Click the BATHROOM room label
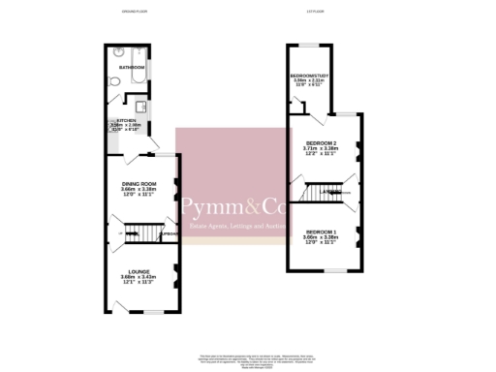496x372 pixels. point(132,68)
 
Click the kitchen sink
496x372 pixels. point(139,106)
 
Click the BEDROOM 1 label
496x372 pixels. point(321,232)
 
